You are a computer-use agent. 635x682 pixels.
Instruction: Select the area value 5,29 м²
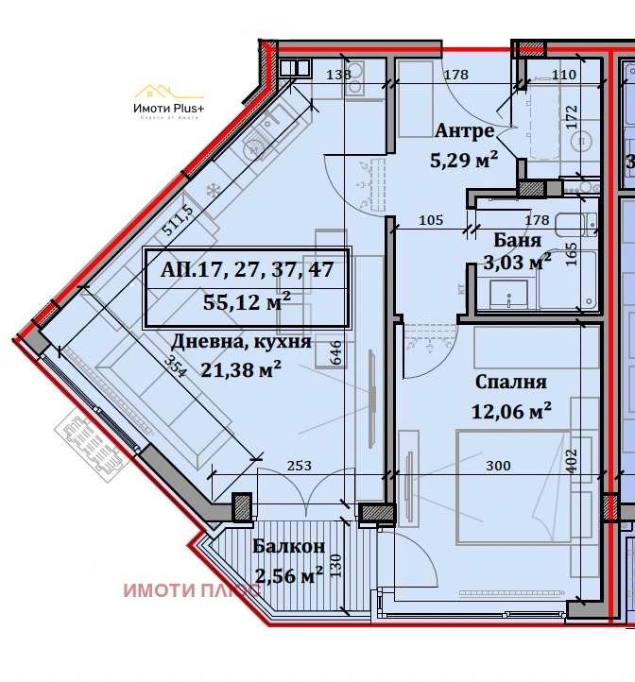464,160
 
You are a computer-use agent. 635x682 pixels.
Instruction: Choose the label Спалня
511,383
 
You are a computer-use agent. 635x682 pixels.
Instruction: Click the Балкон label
289,546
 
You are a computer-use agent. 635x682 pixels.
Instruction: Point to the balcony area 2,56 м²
289,573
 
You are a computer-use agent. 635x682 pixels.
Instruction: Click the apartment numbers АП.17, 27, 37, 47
247,269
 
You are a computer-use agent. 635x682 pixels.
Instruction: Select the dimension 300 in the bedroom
497,466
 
